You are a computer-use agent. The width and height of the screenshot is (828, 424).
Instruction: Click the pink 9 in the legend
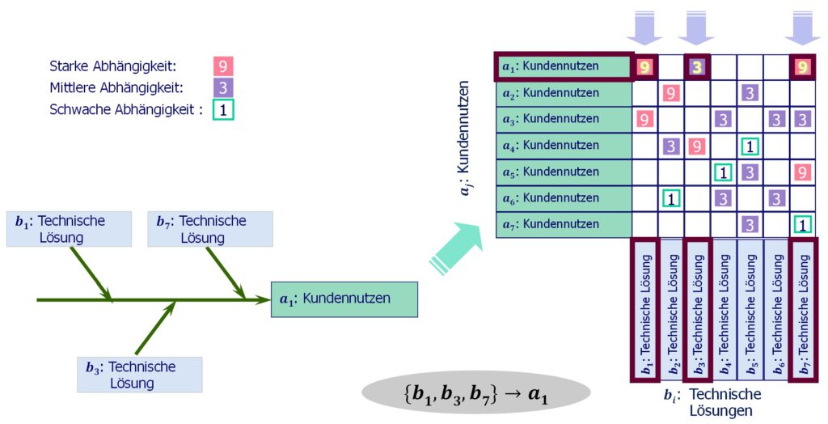223,66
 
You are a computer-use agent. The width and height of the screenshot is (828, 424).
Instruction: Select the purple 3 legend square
223,87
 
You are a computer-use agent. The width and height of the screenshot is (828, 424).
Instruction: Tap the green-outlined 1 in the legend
223,108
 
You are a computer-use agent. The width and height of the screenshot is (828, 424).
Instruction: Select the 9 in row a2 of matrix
671,93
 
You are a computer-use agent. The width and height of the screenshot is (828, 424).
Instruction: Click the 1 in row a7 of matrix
802,225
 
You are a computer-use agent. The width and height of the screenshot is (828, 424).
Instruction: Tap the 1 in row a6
671,198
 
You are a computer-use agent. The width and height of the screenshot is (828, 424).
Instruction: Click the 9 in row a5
802,172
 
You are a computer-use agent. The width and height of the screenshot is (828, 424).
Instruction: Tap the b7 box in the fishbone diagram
210,228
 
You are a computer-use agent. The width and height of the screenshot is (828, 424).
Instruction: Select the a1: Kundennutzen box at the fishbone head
344,299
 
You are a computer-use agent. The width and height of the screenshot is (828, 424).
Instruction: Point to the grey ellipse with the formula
476,396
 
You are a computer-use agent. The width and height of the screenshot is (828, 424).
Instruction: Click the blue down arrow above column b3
697,28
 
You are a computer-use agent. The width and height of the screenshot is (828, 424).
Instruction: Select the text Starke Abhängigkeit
112,66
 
